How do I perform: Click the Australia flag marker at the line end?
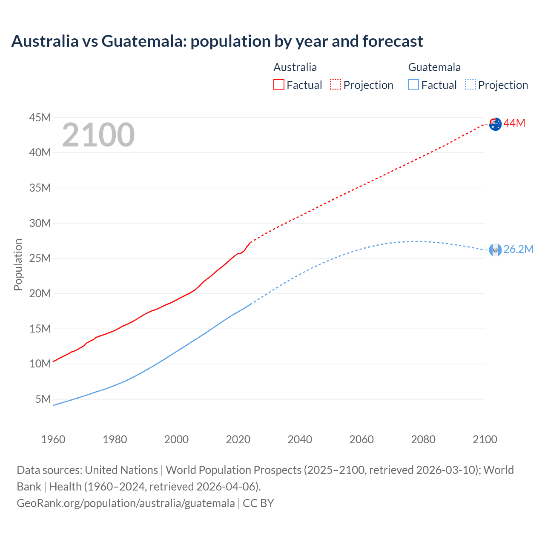pyautogui.click(x=495, y=124)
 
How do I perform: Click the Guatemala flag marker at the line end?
pyautogui.click(x=495, y=250)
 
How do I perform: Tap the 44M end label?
pyautogui.click(x=514, y=123)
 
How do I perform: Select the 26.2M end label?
pyautogui.click(x=518, y=250)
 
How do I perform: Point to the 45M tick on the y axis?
pyautogui.click(x=40, y=118)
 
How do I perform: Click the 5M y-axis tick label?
pyautogui.click(x=43, y=399)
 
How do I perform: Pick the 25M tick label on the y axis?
pyautogui.click(x=40, y=258)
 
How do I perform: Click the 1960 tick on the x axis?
pyautogui.click(x=53, y=439)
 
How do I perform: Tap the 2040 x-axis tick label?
pyautogui.click(x=300, y=439)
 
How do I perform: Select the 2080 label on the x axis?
pyautogui.click(x=423, y=439)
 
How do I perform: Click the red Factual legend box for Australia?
pyautogui.click(x=278, y=85)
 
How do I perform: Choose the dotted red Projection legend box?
pyautogui.click(x=336, y=85)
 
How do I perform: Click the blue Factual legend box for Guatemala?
pyautogui.click(x=413, y=85)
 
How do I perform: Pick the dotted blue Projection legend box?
pyautogui.click(x=470, y=85)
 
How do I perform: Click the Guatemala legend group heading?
pyautogui.click(x=434, y=67)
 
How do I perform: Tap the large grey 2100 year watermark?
pyautogui.click(x=98, y=135)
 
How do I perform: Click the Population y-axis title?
pyautogui.click(x=18, y=264)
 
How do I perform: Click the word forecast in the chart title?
pyautogui.click(x=393, y=41)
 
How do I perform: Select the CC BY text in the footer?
pyautogui.click(x=258, y=503)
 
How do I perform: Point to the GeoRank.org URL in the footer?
pyautogui.click(x=126, y=503)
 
